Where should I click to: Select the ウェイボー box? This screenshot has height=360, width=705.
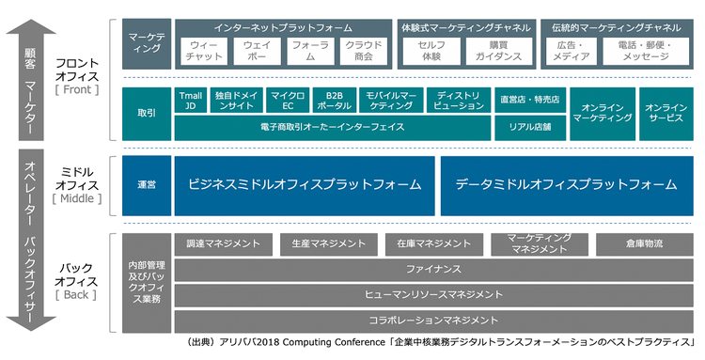coord(256,51)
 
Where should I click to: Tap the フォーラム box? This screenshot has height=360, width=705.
coord(309,51)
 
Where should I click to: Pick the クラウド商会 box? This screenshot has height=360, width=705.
coord(363,51)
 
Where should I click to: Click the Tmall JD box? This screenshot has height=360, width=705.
coord(191,102)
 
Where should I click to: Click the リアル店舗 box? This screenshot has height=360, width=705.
coord(529,126)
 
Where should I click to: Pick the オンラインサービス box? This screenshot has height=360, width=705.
coord(666,114)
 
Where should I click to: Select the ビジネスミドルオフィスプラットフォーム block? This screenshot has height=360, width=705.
coord(305,185)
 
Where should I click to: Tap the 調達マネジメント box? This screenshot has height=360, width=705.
coord(223,244)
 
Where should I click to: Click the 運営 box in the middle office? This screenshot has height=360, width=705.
coord(146,185)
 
